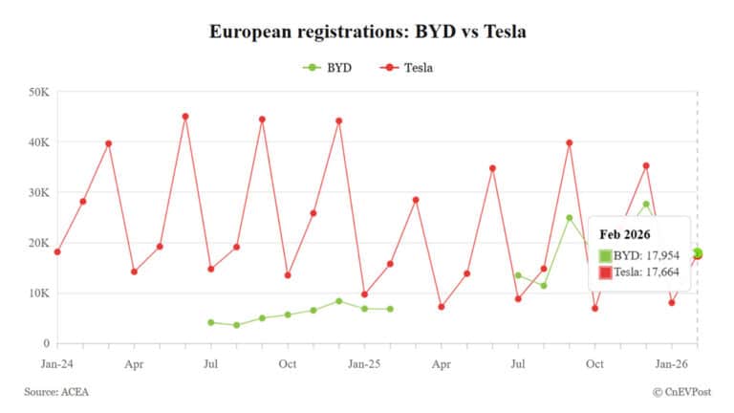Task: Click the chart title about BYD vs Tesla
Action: (x=368, y=32)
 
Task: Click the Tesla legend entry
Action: (x=408, y=68)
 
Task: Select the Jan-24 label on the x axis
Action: (x=57, y=364)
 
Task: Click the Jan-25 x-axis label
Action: (x=364, y=364)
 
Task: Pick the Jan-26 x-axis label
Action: (x=672, y=364)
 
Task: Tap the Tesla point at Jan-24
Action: (x=57, y=251)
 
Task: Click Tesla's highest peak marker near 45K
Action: (x=185, y=117)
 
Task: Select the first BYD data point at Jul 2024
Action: (x=211, y=322)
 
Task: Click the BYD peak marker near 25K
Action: (x=570, y=218)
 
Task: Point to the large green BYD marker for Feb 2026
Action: (x=698, y=253)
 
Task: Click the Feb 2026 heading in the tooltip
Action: (x=626, y=234)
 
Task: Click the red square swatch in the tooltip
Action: (x=606, y=272)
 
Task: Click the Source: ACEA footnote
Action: (x=56, y=392)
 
